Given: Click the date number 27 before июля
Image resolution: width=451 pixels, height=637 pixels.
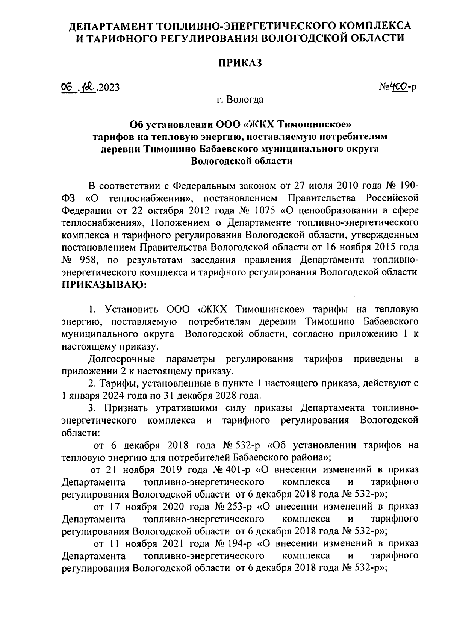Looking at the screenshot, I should (x=300, y=185).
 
